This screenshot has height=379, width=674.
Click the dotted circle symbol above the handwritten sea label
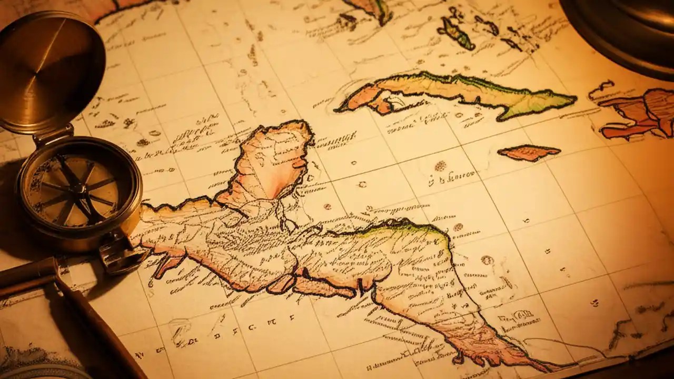(x=440, y=166)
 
